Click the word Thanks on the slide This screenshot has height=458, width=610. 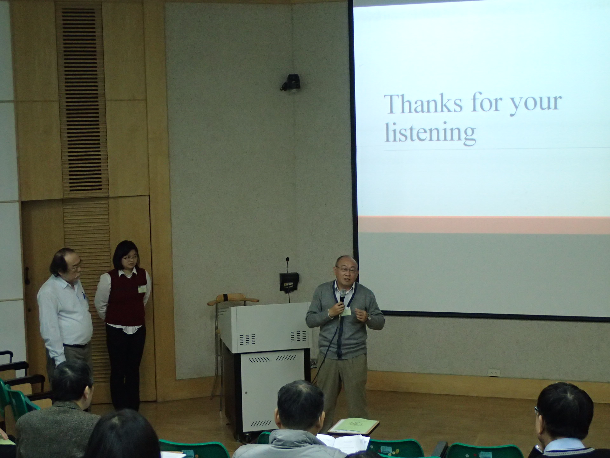click(x=423, y=104)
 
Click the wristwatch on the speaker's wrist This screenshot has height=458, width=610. click(x=369, y=317)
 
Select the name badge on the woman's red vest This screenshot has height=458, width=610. click(x=141, y=289)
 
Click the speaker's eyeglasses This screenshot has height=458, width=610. click(x=347, y=269)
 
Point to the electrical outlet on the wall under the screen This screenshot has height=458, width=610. click(x=494, y=372)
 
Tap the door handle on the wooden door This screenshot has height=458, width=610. click(x=27, y=275)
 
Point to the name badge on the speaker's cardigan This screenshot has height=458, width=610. click(x=346, y=312)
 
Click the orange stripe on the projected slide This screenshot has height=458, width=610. click(x=483, y=225)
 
